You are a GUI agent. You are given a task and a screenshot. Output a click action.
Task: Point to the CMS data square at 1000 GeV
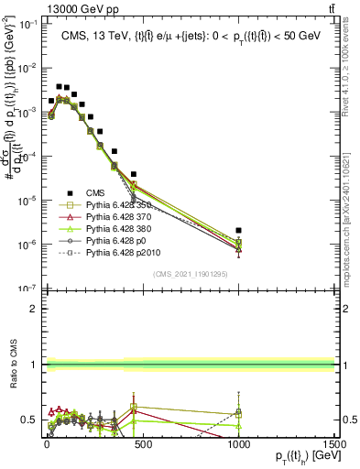pos(238,231)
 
